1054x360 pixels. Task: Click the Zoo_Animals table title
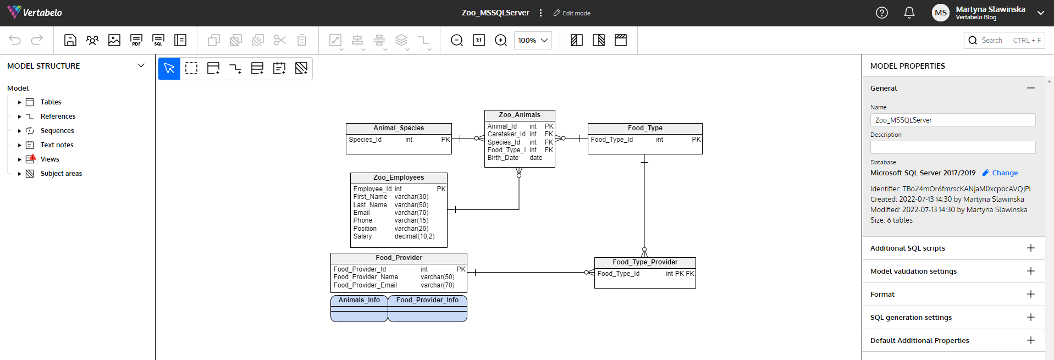pyautogui.click(x=520, y=115)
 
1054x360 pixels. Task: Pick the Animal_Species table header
pyautogui.click(x=399, y=128)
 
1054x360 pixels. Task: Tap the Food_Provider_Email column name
pyautogui.click(x=365, y=285)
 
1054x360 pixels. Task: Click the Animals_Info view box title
pyautogui.click(x=359, y=300)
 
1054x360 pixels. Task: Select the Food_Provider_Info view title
pyautogui.click(x=427, y=300)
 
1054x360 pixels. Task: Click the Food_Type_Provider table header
pyautogui.click(x=645, y=262)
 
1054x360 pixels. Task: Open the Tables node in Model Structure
pyautogui.click(x=51, y=102)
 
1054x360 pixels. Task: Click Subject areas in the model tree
pyautogui.click(x=61, y=174)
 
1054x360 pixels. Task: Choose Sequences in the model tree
pyautogui.click(x=57, y=131)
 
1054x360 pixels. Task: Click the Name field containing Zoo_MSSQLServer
pyautogui.click(x=953, y=120)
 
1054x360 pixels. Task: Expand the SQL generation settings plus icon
pyautogui.click(x=1031, y=317)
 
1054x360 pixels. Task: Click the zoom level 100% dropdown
pyautogui.click(x=533, y=40)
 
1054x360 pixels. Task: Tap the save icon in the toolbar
pyautogui.click(x=70, y=40)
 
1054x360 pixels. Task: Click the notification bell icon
pyautogui.click(x=909, y=13)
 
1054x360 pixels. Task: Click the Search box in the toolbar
pyautogui.click(x=1004, y=40)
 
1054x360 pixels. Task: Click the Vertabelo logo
pyautogui.click(x=35, y=12)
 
